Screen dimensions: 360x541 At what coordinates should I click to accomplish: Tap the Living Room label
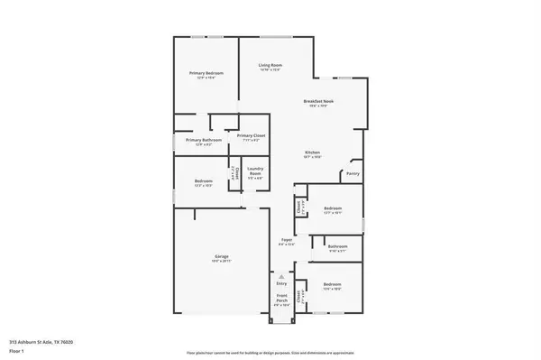pyautogui.click(x=270, y=65)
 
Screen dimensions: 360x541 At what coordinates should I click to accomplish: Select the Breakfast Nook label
pyautogui.click(x=318, y=101)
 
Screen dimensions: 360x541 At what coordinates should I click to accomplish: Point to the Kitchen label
pyautogui.click(x=312, y=152)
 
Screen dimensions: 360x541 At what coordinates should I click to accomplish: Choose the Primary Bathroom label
pyautogui.click(x=204, y=140)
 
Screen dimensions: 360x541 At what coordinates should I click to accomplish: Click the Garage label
pyautogui.click(x=221, y=257)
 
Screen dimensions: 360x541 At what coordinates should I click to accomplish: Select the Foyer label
pyautogui.click(x=286, y=239)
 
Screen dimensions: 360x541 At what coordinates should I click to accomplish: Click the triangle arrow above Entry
pyautogui.click(x=281, y=275)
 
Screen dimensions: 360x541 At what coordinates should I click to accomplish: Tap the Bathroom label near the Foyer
pyautogui.click(x=338, y=245)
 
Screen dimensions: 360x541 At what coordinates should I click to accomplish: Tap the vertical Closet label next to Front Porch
pyautogui.click(x=300, y=296)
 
